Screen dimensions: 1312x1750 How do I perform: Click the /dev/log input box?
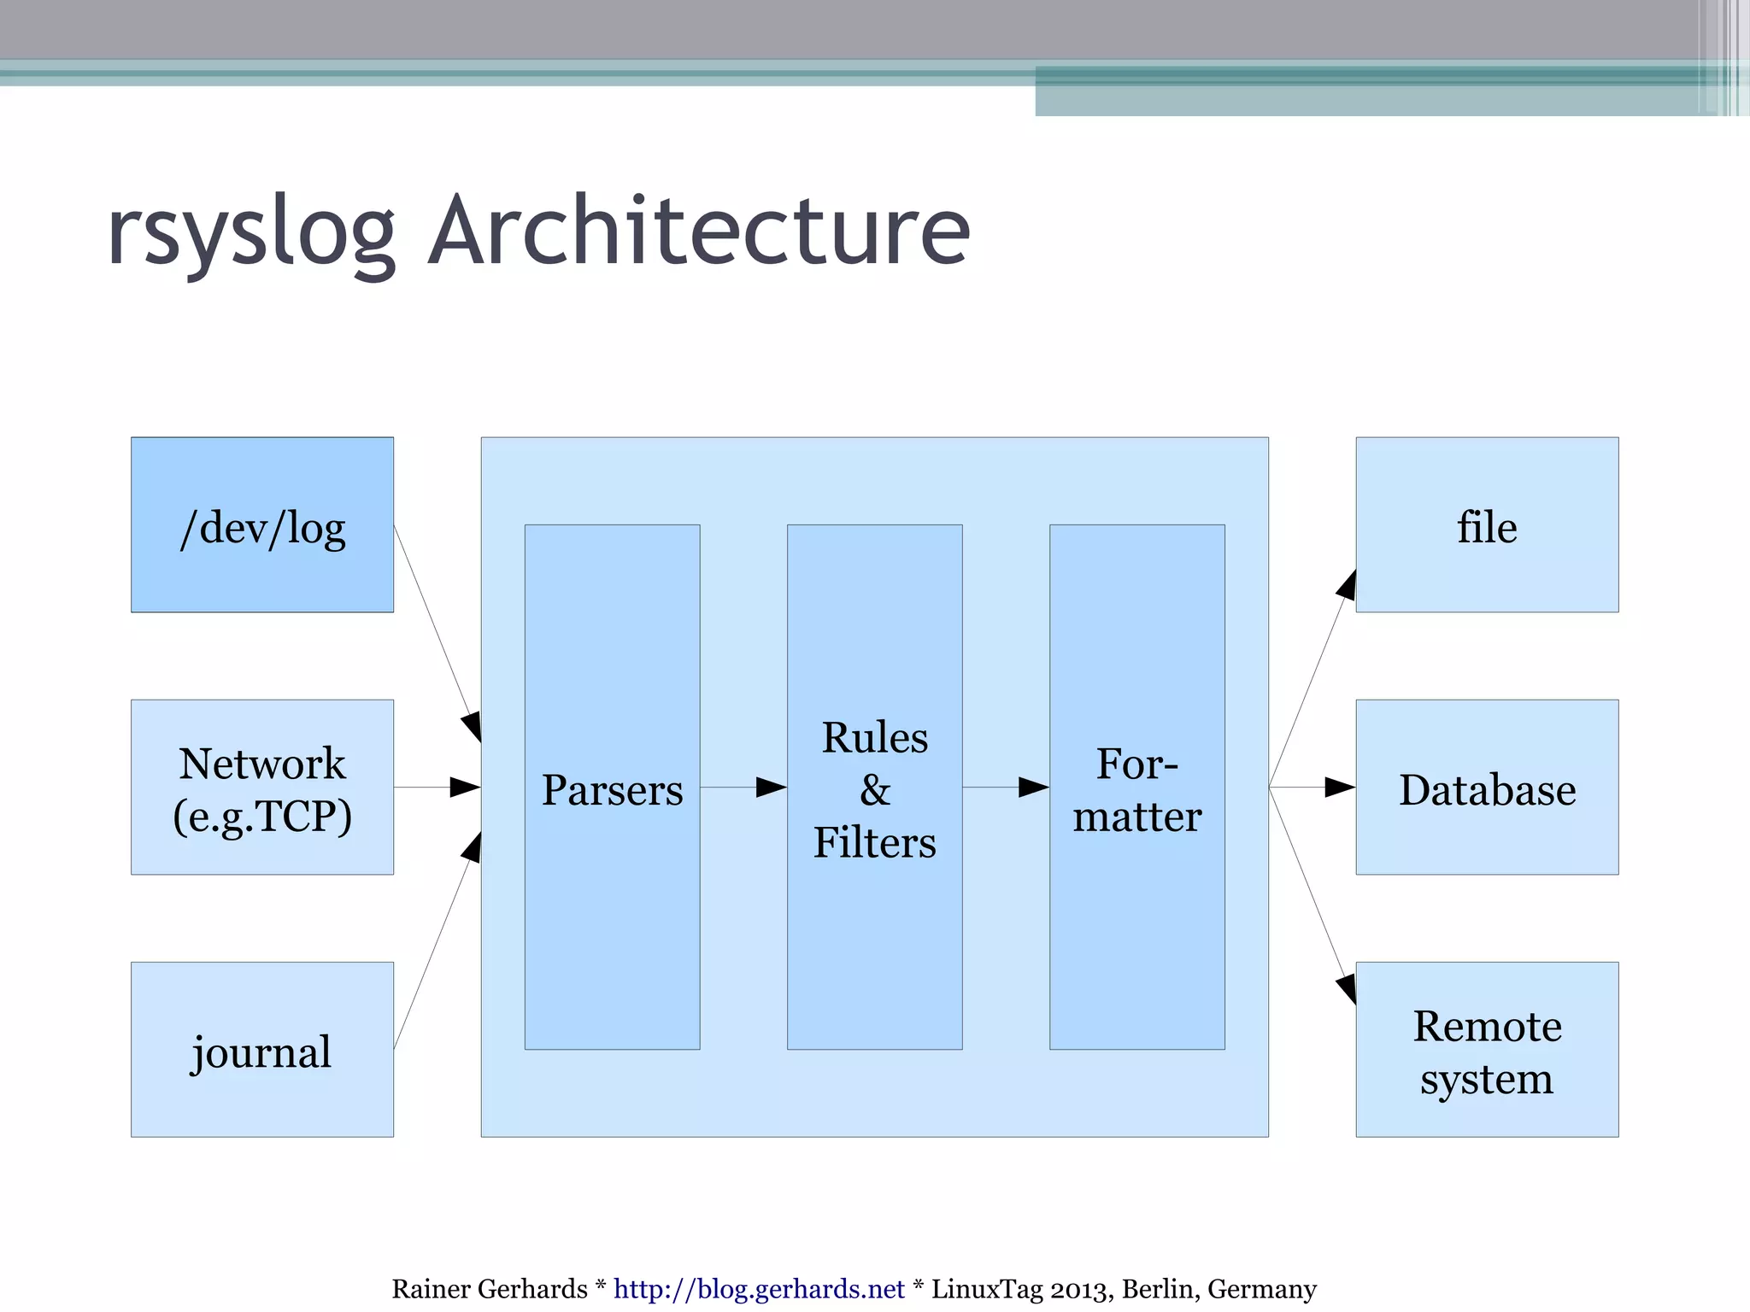click(261, 524)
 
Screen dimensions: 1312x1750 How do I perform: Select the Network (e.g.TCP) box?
click(261, 787)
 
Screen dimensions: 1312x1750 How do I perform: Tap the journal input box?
click(261, 1049)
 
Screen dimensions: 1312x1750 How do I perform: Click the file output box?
click(1487, 524)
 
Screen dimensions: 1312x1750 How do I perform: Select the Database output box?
click(1487, 787)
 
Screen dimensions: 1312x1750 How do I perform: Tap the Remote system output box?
click(1487, 1049)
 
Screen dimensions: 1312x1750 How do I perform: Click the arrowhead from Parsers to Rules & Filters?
click(770, 787)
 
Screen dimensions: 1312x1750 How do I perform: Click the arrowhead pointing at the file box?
click(1347, 586)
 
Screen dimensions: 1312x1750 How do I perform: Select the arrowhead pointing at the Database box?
click(1338, 787)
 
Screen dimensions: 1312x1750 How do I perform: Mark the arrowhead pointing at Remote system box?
click(1347, 987)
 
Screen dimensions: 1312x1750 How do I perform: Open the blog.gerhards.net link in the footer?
click(759, 1288)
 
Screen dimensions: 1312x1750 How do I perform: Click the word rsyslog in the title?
click(251, 232)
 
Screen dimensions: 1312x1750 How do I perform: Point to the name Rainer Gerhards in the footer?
click(489, 1288)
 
